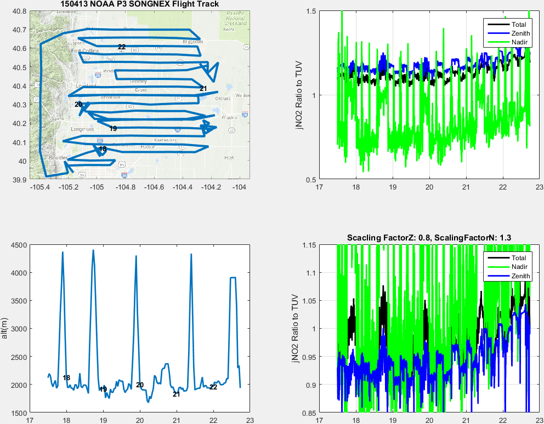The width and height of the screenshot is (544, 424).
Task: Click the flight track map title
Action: click(x=139, y=4)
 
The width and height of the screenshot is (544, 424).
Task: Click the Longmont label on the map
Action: click(x=82, y=129)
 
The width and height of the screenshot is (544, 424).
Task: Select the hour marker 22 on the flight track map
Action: click(x=122, y=47)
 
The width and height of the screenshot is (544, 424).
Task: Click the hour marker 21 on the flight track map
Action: click(x=203, y=88)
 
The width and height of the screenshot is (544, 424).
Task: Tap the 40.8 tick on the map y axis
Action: click(x=20, y=11)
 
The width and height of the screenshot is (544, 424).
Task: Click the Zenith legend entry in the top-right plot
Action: click(x=518, y=33)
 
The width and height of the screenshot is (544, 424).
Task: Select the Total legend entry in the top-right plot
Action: click(x=518, y=25)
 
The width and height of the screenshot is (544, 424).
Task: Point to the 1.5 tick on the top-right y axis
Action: click(x=309, y=11)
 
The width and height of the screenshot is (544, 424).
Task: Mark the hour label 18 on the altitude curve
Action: click(x=66, y=378)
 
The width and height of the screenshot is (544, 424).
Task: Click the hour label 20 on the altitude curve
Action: click(x=140, y=385)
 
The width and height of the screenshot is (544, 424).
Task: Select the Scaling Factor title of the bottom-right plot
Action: click(x=429, y=237)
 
